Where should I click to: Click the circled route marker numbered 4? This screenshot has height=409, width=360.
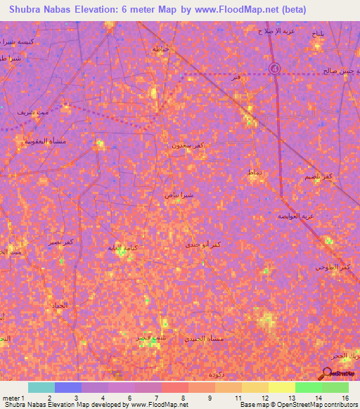pos(275,68)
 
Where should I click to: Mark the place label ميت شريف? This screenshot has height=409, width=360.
pos(33,112)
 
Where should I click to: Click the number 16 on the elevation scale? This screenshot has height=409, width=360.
pos(346,398)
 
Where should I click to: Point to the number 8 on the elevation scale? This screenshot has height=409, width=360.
pos(184,398)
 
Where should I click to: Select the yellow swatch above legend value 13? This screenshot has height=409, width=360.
pos(282,387)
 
